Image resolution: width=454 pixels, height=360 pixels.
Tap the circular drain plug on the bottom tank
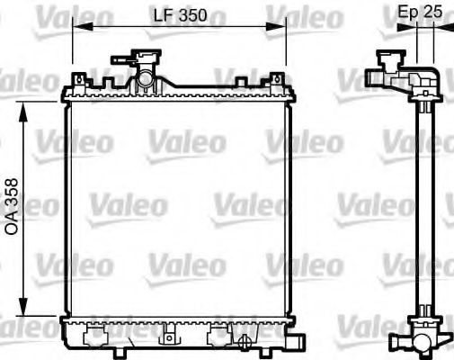tap(244, 339)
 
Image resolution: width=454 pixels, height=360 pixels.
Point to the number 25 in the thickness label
tap(435, 13)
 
